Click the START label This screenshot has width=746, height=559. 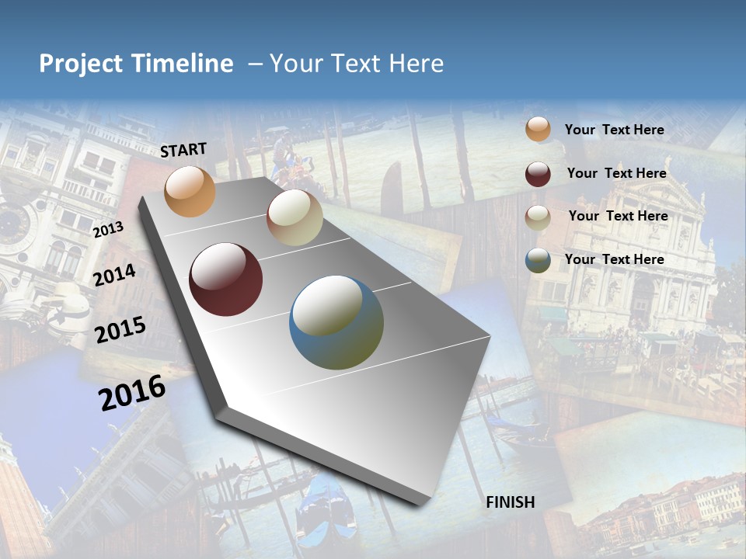(183, 149)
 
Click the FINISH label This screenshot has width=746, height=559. (511, 502)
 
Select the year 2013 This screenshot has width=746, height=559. (108, 230)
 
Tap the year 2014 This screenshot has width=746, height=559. (115, 275)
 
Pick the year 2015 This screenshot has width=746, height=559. (120, 329)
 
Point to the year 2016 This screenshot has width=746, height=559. (132, 393)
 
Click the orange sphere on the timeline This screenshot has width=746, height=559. (190, 191)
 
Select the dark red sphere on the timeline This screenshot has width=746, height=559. (225, 279)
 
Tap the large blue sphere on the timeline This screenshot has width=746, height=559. (336, 322)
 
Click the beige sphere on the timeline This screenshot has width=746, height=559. (295, 217)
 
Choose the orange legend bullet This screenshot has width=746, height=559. (538, 130)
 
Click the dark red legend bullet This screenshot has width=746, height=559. (538, 174)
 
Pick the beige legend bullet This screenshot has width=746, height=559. (538, 217)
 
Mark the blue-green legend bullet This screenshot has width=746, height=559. (538, 260)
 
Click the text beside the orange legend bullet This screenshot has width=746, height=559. (614, 130)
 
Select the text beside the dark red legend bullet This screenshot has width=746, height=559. (616, 173)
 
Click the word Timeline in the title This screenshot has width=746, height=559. (183, 64)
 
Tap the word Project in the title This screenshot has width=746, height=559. (81, 64)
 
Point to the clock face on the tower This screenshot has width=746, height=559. (14, 226)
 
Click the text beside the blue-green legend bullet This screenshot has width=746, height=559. (614, 259)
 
